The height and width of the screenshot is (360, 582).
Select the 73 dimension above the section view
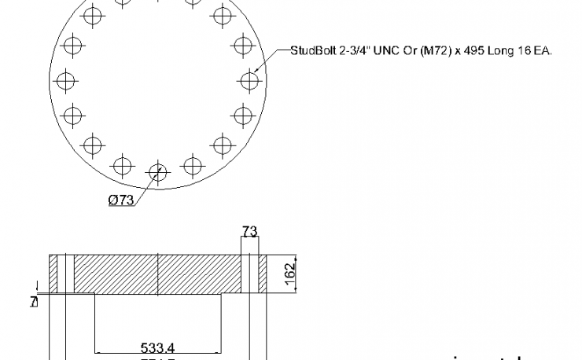click(x=249, y=232)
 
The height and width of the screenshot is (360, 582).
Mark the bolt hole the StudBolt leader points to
click(x=249, y=79)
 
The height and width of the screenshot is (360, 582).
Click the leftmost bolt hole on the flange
click(x=64, y=79)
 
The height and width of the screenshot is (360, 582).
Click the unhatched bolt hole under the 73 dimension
click(x=249, y=274)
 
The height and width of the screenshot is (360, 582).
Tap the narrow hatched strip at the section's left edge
click(x=53, y=274)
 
